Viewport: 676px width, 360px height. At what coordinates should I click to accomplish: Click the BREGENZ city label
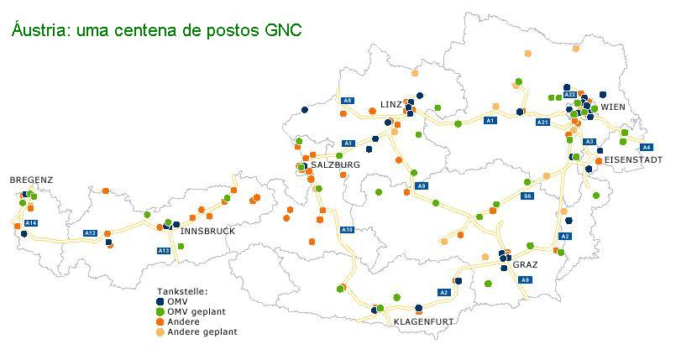tap(31, 180)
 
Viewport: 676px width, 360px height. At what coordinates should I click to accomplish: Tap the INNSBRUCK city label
tap(207, 232)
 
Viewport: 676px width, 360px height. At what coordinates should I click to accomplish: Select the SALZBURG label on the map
tap(335, 164)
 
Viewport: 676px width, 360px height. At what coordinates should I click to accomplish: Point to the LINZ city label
tap(391, 104)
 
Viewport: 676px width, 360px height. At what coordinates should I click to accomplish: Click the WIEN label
tap(613, 107)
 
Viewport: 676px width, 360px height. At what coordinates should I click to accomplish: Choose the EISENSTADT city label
tap(633, 159)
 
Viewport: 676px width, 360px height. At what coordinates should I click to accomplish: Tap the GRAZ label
tap(525, 264)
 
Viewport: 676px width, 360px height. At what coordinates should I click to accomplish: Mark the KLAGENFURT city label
tap(424, 321)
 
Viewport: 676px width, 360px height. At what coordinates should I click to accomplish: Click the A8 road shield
tap(348, 101)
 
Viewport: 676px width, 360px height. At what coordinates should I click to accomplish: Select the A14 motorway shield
tap(31, 223)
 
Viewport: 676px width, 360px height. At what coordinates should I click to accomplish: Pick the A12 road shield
tap(90, 233)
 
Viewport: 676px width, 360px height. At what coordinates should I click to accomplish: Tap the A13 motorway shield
tap(164, 251)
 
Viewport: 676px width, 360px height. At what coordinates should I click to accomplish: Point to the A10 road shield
tap(348, 230)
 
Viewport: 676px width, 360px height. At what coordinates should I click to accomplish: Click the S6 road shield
tap(527, 196)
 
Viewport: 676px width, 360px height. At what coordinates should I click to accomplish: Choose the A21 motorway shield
tap(542, 123)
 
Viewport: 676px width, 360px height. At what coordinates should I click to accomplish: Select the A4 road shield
tap(646, 148)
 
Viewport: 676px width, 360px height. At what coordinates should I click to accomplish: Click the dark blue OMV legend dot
tap(160, 302)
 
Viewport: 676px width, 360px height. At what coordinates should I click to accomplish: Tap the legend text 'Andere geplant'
tap(202, 332)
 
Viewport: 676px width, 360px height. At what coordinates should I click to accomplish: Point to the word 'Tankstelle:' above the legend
tap(182, 291)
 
